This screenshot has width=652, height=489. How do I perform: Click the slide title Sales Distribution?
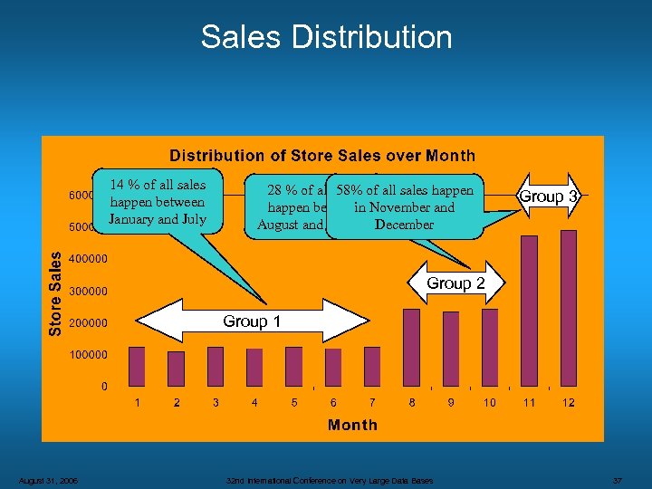[x=326, y=37]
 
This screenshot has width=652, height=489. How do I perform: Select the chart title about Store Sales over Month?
[x=322, y=157]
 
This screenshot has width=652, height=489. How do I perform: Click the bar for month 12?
[x=568, y=309]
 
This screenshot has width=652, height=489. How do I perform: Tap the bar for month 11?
[x=529, y=312]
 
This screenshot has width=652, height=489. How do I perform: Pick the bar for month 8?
[x=411, y=348]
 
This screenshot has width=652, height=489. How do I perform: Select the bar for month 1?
[x=137, y=367]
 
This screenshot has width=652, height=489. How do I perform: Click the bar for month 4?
[x=254, y=367]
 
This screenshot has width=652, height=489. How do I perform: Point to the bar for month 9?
[x=450, y=350]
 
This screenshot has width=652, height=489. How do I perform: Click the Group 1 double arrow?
[x=239, y=321]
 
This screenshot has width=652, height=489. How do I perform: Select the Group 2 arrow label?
[x=455, y=283]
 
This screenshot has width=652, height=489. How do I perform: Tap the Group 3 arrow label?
[x=548, y=197]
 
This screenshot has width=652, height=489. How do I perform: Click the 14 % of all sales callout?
[x=158, y=202]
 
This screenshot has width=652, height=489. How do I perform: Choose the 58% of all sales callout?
[x=405, y=207]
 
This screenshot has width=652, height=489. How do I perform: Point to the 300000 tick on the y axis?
[x=89, y=291]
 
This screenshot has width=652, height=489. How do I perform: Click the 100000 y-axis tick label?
[x=89, y=354]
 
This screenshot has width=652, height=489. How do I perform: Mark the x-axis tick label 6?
[x=333, y=402]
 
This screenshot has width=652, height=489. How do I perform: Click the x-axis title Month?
[x=352, y=425]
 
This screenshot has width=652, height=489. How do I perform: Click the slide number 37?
[x=618, y=480]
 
